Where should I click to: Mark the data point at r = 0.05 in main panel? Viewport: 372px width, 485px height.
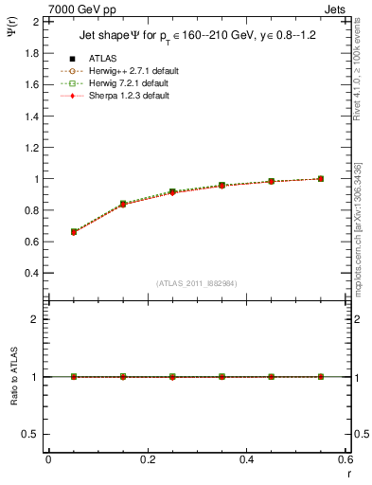pos(74,232)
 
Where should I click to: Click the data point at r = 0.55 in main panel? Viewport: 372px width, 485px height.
pos(321,178)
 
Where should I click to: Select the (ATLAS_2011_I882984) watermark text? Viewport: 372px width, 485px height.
pos(197,284)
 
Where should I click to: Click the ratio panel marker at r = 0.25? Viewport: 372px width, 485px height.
pos(172,377)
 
